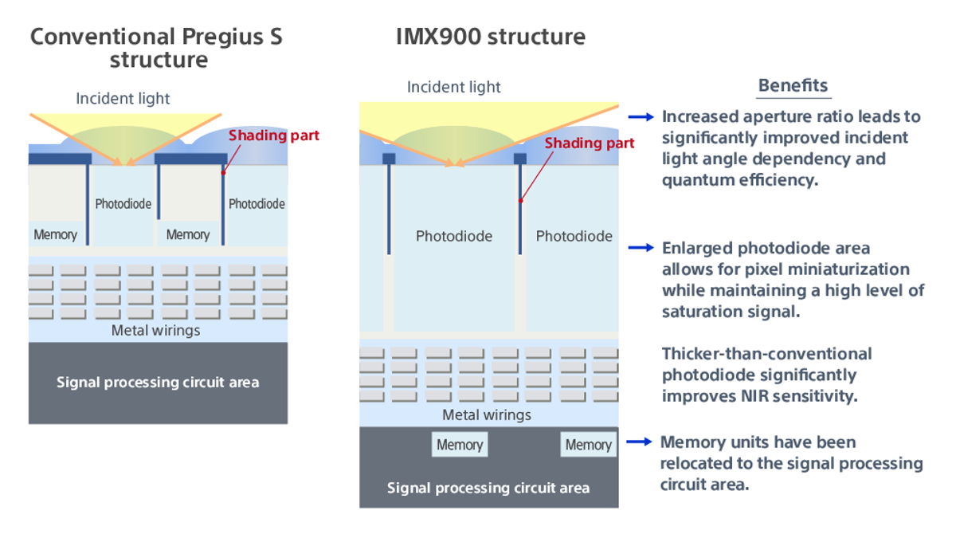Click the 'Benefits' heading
[x=793, y=86]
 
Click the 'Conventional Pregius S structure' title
[x=157, y=48]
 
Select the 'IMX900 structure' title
[x=491, y=37]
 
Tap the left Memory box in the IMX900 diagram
[x=460, y=445]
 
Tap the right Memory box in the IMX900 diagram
[x=588, y=445]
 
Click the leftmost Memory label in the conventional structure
[x=56, y=234]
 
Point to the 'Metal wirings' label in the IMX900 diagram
[x=487, y=414]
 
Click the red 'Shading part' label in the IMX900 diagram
[x=590, y=143]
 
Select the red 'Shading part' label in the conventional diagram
[x=274, y=135]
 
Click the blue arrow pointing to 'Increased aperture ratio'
[x=641, y=117]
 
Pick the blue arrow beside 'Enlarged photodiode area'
[x=641, y=248]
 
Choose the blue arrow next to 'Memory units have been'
[x=641, y=442]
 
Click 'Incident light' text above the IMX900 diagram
[x=454, y=87]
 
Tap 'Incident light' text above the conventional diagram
[x=123, y=99]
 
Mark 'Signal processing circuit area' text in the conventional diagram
[x=158, y=382]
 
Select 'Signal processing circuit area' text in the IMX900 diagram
[x=488, y=488]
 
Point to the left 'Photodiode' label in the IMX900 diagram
[x=454, y=236]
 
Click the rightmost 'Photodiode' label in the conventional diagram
[x=257, y=203]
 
